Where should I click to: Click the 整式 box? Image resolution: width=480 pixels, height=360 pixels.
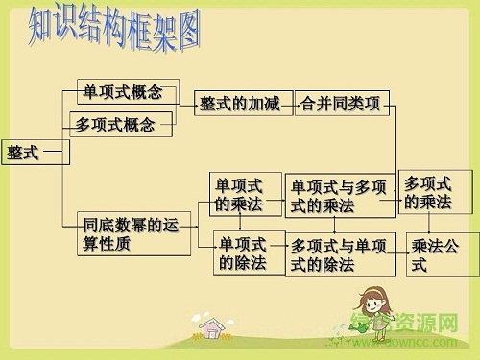click(x=24, y=152)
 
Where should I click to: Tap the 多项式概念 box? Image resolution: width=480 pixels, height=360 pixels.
click(x=120, y=124)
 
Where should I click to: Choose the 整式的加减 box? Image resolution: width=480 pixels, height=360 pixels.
click(x=240, y=103)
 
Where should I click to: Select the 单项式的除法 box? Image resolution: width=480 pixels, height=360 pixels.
click(x=242, y=252)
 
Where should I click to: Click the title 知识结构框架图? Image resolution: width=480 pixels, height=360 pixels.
click(x=113, y=29)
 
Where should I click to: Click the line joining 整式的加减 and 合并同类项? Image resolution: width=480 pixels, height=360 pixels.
click(x=291, y=103)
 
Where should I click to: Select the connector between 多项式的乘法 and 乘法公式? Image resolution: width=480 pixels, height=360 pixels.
click(x=438, y=223)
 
